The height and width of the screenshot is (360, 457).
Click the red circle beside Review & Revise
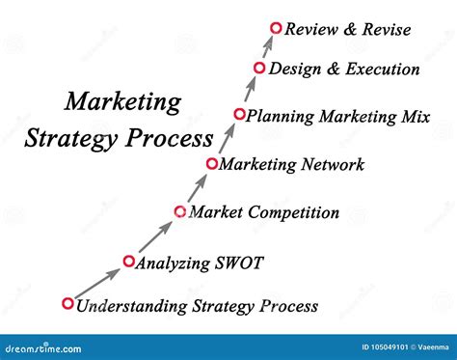tap(276, 29)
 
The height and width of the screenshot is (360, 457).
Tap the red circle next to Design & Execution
tap(259, 68)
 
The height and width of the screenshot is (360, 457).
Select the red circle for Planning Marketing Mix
tap(239, 115)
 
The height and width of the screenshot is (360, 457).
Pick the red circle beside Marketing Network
tap(212, 163)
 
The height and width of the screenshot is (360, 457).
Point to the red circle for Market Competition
tap(179, 211)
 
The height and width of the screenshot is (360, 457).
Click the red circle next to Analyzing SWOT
tap(128, 260)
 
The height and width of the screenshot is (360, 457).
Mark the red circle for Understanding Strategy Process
tap(67, 304)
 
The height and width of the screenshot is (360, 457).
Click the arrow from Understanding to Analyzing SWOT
tap(97, 282)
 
